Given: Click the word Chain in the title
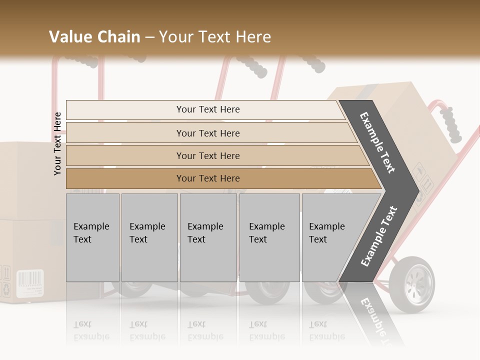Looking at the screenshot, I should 117,37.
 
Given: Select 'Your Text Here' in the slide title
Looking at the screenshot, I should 215,37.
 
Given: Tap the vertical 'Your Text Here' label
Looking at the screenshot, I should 57,143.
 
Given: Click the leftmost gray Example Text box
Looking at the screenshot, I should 92,237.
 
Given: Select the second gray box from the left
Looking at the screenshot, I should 149,237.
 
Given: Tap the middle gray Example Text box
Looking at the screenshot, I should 208,237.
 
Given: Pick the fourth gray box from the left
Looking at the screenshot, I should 269,237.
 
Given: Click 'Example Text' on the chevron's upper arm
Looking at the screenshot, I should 378,142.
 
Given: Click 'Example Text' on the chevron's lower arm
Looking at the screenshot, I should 379,236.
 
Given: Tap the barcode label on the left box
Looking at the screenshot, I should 29,283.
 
